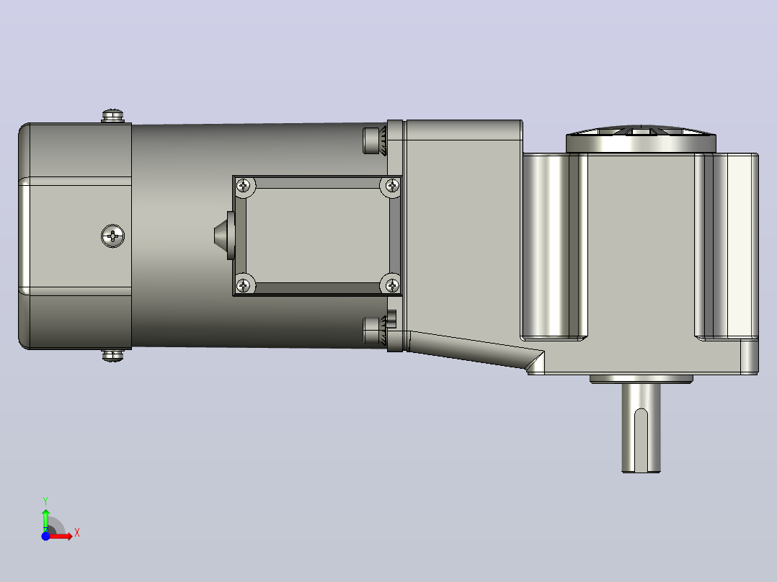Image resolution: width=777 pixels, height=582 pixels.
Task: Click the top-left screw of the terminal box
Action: [x=244, y=186]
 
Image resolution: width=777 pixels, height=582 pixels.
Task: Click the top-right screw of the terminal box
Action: [x=392, y=186]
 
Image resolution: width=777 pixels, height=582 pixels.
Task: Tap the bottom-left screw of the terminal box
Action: [x=244, y=285]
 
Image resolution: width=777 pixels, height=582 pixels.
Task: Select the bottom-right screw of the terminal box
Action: [x=392, y=285]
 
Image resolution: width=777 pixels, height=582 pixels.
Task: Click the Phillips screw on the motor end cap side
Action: [x=113, y=236]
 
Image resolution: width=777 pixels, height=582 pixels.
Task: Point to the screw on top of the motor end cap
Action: [x=113, y=116]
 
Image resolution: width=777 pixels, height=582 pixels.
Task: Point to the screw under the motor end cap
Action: [x=113, y=355]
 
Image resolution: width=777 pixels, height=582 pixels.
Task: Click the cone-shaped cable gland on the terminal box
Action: [x=224, y=236]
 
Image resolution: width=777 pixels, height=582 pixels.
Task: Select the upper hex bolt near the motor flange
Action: [x=375, y=140]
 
